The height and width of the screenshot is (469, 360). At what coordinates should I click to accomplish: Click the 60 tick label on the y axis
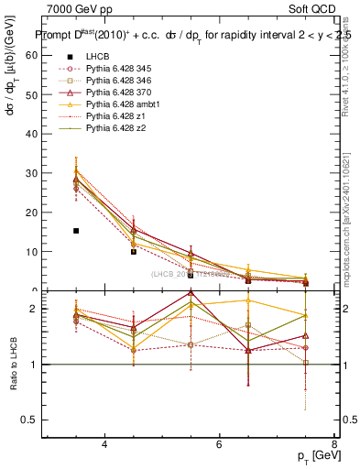tap(33, 54)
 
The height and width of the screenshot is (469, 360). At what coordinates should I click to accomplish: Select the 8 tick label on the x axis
tap(334, 444)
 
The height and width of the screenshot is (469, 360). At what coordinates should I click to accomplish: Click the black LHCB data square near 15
tap(76, 231)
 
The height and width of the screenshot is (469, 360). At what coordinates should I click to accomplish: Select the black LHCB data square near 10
tap(134, 251)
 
